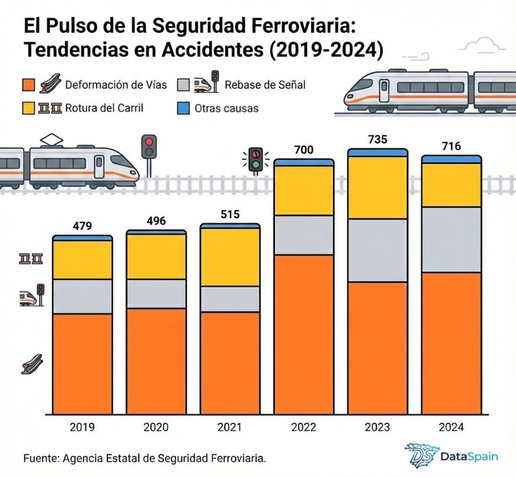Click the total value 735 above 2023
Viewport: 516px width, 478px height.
377,140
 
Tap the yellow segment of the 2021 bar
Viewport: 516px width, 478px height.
230,257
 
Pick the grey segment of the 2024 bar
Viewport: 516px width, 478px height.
451,239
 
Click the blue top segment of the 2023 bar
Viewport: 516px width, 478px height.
377,152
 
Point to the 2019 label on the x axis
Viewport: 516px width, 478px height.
83,427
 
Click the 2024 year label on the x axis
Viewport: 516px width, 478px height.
451,427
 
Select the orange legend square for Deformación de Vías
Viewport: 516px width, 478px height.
28,85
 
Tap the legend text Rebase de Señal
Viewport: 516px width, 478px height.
265,85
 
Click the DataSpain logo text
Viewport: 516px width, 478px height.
469,457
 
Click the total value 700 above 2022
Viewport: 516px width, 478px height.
304,150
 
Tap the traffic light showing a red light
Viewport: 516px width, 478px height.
148,147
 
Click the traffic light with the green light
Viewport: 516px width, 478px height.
255,161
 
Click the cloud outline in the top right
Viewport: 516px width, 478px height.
482,45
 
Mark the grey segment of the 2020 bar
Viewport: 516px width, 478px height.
157,293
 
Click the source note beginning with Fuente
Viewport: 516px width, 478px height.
144,458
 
